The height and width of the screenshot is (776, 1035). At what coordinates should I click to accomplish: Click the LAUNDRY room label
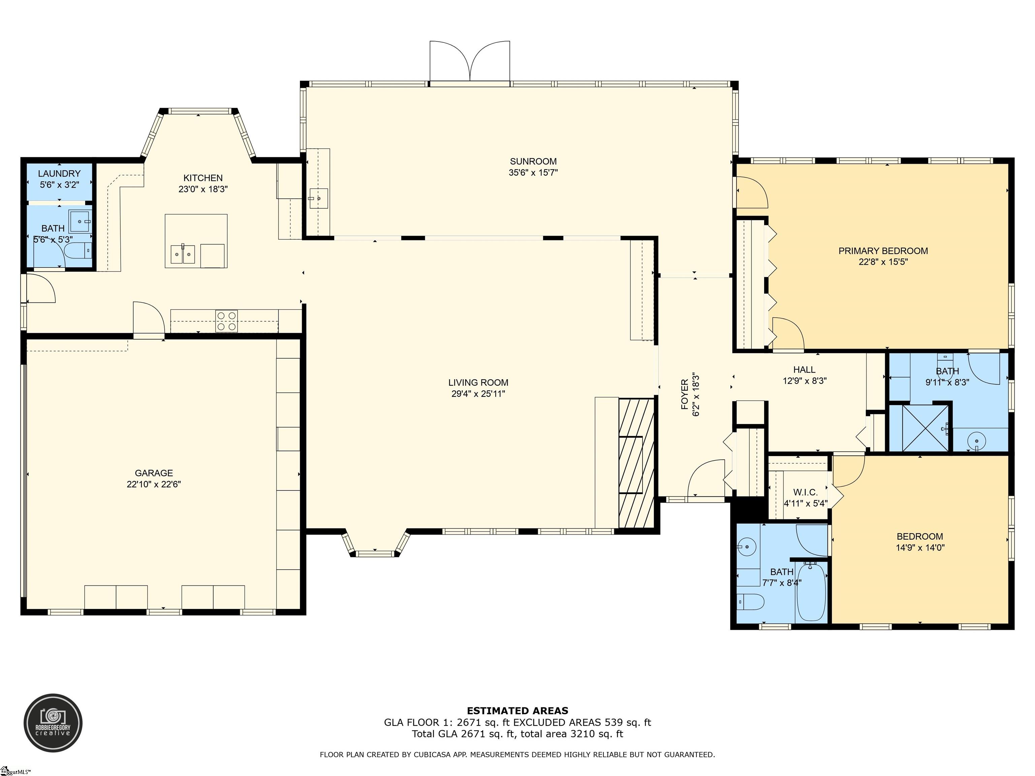point(59,173)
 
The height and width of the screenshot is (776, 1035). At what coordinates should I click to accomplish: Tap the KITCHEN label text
point(203,178)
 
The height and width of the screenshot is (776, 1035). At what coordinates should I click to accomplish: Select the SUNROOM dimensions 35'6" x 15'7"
point(533,172)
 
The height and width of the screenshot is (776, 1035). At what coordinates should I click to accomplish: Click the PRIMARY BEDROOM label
point(883,251)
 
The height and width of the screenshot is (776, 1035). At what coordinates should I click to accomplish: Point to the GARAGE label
point(154,473)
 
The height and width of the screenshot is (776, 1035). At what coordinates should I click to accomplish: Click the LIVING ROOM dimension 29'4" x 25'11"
point(478,394)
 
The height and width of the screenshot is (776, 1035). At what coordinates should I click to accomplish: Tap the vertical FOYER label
point(685,394)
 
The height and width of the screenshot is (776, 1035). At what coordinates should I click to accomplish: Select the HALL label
point(804,369)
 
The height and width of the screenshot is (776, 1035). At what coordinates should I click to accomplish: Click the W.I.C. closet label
point(805,492)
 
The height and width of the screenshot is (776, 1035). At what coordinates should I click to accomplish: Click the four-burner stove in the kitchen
point(226,321)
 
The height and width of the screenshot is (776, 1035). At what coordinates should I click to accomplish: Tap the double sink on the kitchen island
point(183,254)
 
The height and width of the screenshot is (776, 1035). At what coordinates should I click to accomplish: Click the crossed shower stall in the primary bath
point(919,428)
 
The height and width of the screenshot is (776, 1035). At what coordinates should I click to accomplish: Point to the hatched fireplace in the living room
point(636,463)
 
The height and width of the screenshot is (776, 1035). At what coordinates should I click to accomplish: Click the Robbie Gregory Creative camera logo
point(53,723)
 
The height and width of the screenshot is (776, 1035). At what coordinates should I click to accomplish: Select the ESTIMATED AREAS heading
point(517,711)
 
